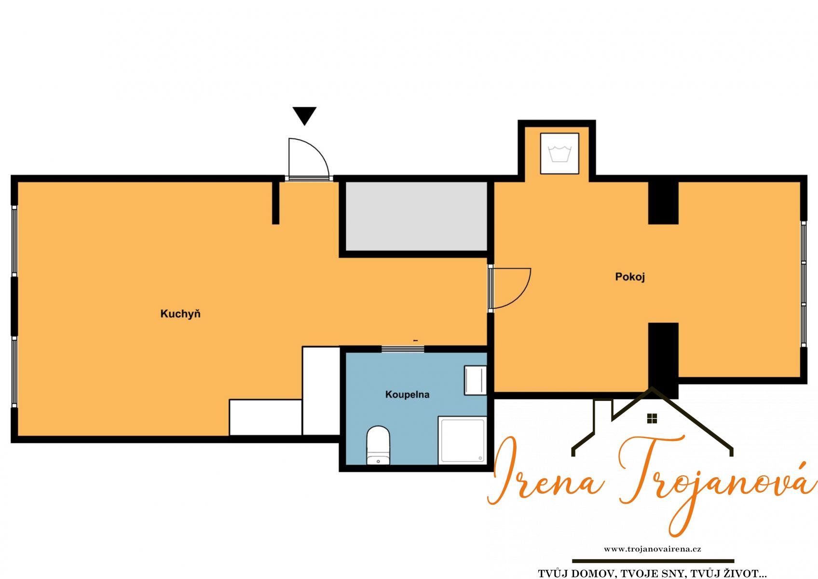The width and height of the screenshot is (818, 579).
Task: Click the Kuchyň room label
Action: pyautogui.click(x=180, y=314)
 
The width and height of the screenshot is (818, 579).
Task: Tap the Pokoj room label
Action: pyautogui.click(x=630, y=277)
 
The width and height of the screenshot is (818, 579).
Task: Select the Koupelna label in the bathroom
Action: pyautogui.click(x=407, y=395)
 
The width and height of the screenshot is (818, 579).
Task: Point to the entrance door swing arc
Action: pyautogui.click(x=318, y=149)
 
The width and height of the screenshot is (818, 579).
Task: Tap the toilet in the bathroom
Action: pyautogui.click(x=378, y=445)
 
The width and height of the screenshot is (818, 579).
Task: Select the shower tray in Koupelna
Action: pyautogui.click(x=463, y=441)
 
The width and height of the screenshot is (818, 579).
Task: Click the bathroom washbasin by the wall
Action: pyautogui.click(x=475, y=380)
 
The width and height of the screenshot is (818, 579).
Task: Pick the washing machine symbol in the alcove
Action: pyautogui.click(x=559, y=153)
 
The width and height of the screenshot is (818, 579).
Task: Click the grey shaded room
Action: pyautogui.click(x=416, y=216)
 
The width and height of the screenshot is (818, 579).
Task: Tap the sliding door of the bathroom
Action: pyautogui.click(x=403, y=349)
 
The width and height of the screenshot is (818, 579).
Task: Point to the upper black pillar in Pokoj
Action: pyautogui.click(x=663, y=203)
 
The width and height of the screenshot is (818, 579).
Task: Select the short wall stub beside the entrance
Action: pyautogui.click(x=276, y=203)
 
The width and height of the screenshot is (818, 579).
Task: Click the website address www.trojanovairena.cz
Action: pyautogui.click(x=652, y=549)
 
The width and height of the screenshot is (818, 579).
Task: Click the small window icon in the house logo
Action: pyautogui.click(x=652, y=418)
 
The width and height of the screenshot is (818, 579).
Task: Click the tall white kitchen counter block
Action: pyautogui.click(x=321, y=391)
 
